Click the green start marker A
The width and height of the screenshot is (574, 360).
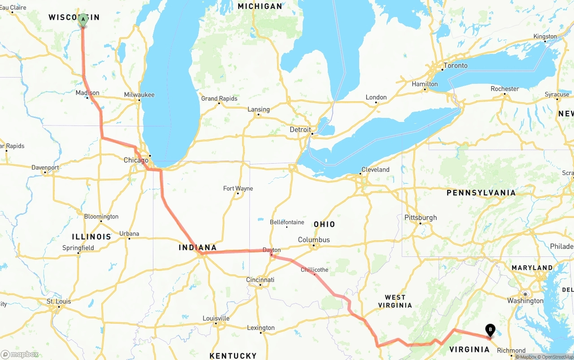pos(83,20)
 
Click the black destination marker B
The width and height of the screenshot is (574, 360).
pos(490,331)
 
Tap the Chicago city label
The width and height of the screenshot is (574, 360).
pos(136,160)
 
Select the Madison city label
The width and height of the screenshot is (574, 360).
pos(87,93)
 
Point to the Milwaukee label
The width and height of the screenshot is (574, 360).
pos(139,95)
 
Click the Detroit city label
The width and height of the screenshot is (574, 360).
pos(300,130)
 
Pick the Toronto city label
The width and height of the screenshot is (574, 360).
pos(455,65)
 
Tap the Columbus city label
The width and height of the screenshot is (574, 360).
pos(314,240)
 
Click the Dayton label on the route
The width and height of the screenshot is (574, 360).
pos(271,250)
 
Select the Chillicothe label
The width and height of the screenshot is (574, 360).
pos(314,269)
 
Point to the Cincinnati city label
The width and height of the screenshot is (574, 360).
pos(260,280)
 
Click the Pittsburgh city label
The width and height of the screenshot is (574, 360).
pos(421,217)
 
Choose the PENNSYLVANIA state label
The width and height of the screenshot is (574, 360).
pos(481,193)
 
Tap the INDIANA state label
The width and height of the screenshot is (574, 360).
pos(197,247)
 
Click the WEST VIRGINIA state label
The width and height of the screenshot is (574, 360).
pos(395,301)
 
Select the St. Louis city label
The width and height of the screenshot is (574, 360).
pos(59,301)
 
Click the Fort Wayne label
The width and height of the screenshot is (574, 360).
pos(238,188)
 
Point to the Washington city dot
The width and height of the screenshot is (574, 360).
pos(525,294)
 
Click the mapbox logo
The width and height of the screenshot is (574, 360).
pos(20,354)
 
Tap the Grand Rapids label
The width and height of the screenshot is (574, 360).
pos(219,99)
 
